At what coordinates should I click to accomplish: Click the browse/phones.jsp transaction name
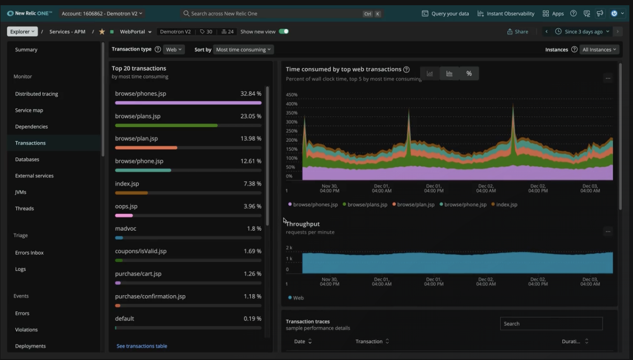click(140, 94)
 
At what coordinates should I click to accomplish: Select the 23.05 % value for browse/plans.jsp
click(251, 116)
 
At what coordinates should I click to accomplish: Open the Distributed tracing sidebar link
click(37, 94)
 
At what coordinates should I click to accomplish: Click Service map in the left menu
click(29, 110)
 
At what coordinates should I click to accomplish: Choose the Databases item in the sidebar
click(27, 160)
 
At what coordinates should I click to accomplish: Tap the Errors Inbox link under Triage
click(29, 253)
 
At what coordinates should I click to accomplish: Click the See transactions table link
click(142, 346)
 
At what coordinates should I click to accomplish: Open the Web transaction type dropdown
click(174, 50)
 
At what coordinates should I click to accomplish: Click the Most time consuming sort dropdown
click(244, 50)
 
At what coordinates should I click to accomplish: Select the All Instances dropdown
click(600, 50)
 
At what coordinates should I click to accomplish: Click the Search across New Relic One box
click(272, 14)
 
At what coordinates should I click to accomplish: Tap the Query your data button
click(445, 14)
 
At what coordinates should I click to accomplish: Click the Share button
click(517, 32)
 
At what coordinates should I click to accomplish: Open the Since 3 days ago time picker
click(582, 32)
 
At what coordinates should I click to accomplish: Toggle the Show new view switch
click(284, 32)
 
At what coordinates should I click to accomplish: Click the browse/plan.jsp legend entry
click(415, 205)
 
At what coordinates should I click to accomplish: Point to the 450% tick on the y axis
click(291, 95)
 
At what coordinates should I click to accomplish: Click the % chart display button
click(469, 74)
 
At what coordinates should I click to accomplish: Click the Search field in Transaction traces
click(551, 324)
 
